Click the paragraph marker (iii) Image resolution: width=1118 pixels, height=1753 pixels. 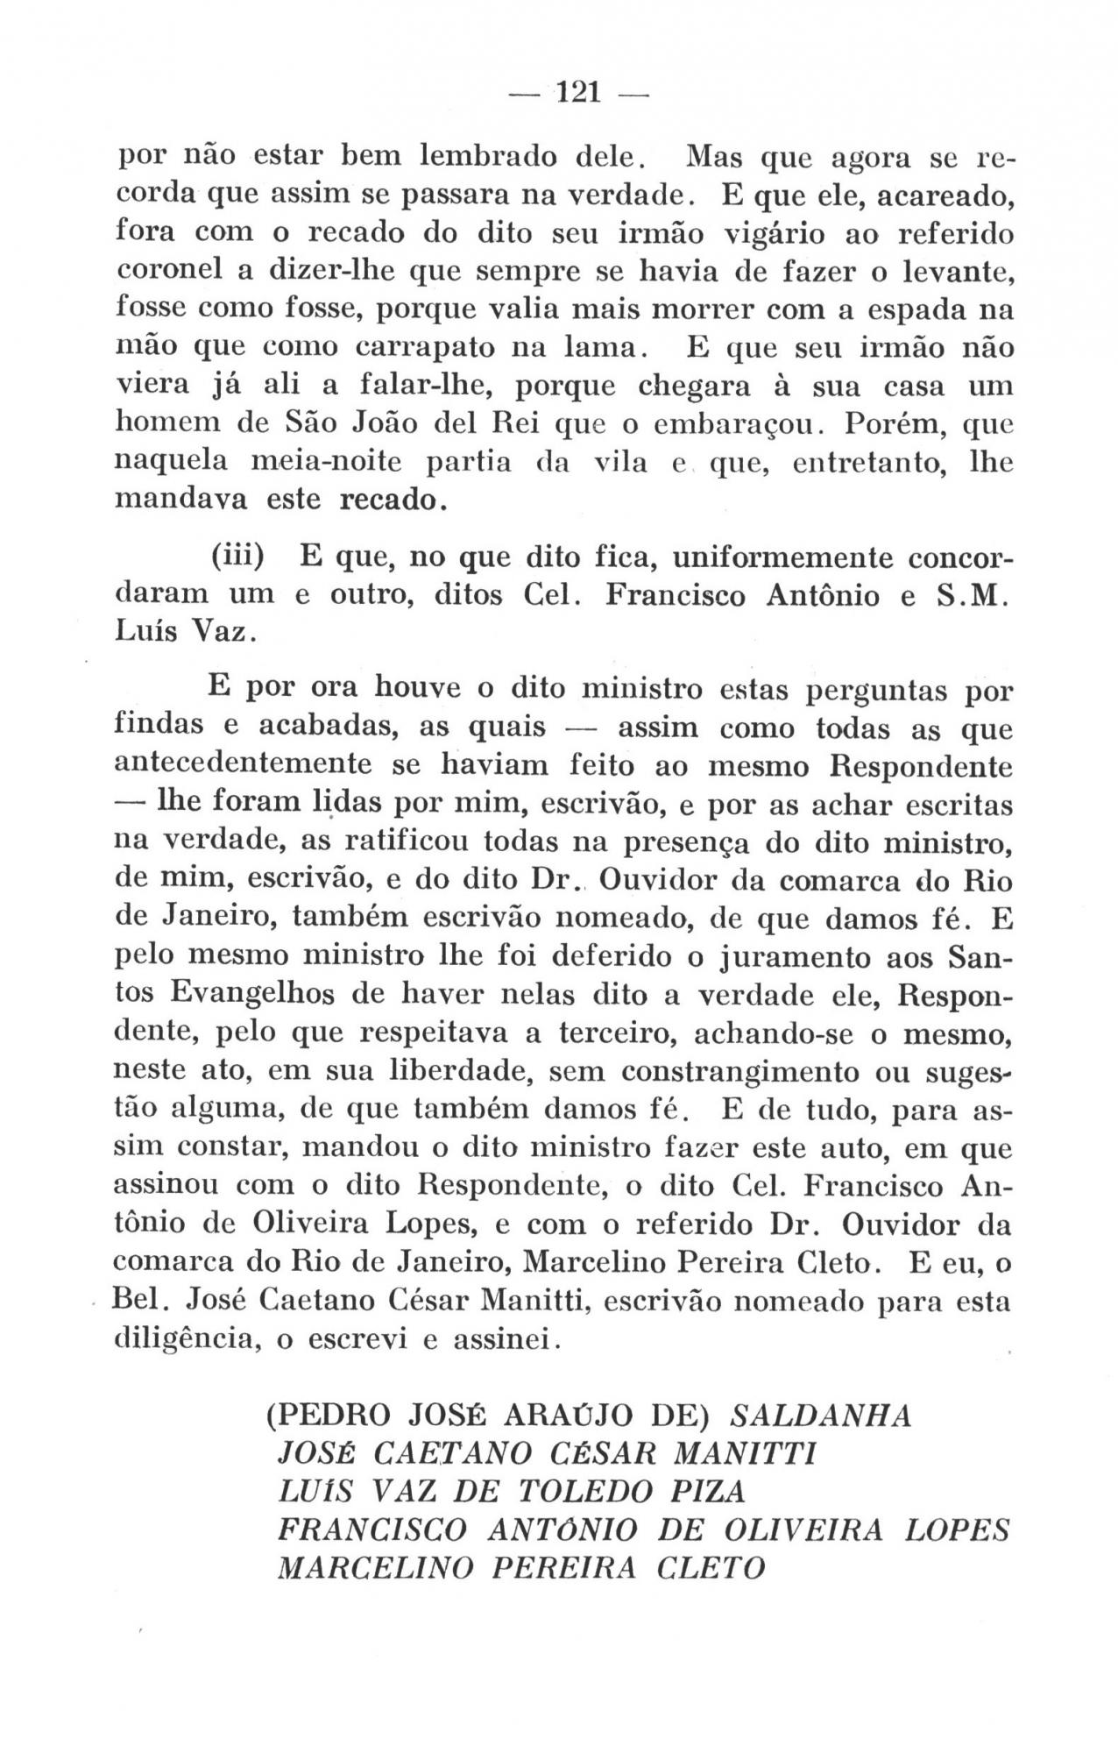coord(238,557)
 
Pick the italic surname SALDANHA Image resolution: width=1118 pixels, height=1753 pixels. coord(821,1417)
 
